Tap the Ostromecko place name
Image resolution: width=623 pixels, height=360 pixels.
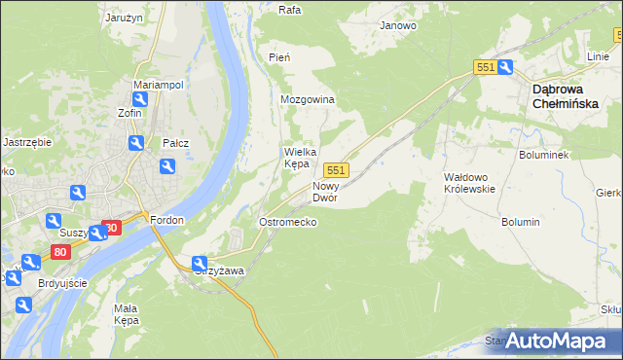click(x=286, y=223)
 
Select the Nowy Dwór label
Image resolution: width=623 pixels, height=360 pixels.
click(x=324, y=192)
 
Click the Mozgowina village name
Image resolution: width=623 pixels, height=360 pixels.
click(x=308, y=100)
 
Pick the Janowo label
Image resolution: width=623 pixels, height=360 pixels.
click(x=398, y=25)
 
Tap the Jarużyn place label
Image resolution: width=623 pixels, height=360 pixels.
click(x=125, y=18)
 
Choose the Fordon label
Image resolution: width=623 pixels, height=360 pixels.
click(x=167, y=220)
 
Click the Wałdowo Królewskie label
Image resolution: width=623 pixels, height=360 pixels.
click(x=469, y=182)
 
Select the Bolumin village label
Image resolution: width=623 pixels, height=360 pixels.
click(x=521, y=222)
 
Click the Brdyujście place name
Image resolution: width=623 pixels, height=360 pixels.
click(x=62, y=282)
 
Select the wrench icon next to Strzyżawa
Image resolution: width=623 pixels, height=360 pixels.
click(x=200, y=263)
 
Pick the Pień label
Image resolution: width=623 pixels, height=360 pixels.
click(x=279, y=58)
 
